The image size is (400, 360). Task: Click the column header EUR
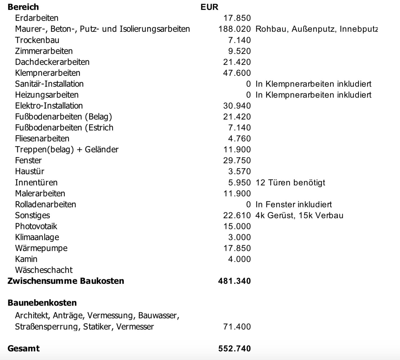[209, 7]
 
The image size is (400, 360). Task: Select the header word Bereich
[23, 7]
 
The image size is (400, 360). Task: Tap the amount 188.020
[235, 29]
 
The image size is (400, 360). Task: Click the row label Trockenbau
[37, 40]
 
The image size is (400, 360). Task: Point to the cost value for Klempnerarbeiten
[237, 73]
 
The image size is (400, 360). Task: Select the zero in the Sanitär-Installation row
[248, 84]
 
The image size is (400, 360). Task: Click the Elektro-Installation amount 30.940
[237, 106]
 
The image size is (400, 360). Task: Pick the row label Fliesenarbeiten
[42, 139]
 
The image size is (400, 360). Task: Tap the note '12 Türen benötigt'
[290, 183]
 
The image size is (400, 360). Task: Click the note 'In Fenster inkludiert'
[293, 204]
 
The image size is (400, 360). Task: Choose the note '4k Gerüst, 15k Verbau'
[299, 215]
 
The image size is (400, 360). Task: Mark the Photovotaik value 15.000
[237, 226]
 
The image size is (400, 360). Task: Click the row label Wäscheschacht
[44, 270]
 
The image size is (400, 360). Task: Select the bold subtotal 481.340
[235, 281]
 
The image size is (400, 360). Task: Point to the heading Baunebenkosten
[42, 303]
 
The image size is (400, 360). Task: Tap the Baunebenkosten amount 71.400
[237, 327]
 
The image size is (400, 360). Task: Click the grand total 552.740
[235, 349]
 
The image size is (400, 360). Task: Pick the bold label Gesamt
[24, 349]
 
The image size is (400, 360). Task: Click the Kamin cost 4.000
[239, 259]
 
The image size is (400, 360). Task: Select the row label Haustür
[29, 171]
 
